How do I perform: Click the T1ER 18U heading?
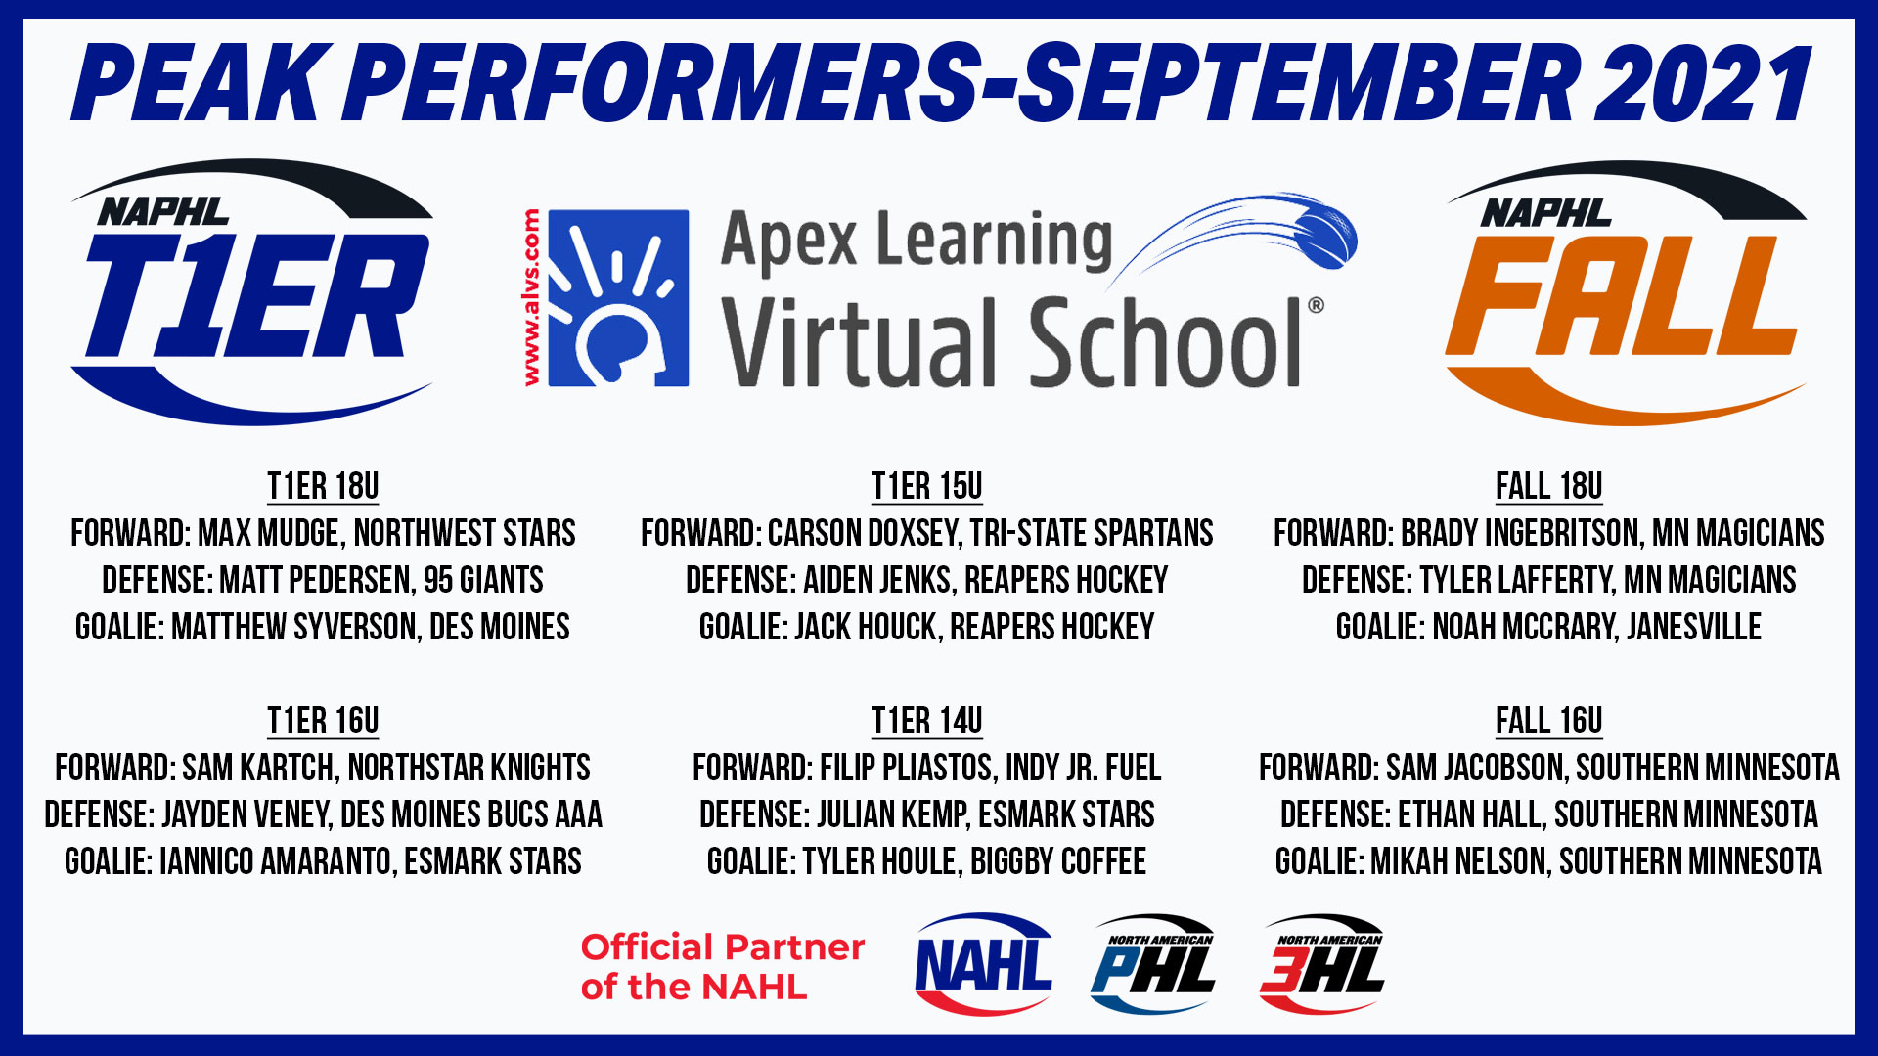(323, 486)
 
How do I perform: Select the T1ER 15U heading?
(926, 486)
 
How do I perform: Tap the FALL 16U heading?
(1548, 721)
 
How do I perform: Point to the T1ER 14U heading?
(926, 721)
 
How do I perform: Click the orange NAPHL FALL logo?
(1625, 293)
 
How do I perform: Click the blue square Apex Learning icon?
(618, 298)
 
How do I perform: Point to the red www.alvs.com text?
(531, 297)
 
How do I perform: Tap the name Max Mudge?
(269, 533)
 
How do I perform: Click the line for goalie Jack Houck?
(926, 627)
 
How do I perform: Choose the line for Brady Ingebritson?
(1548, 533)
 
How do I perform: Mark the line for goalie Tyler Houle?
(926, 861)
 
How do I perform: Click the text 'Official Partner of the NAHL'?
(723, 967)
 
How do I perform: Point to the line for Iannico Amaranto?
(323, 861)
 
